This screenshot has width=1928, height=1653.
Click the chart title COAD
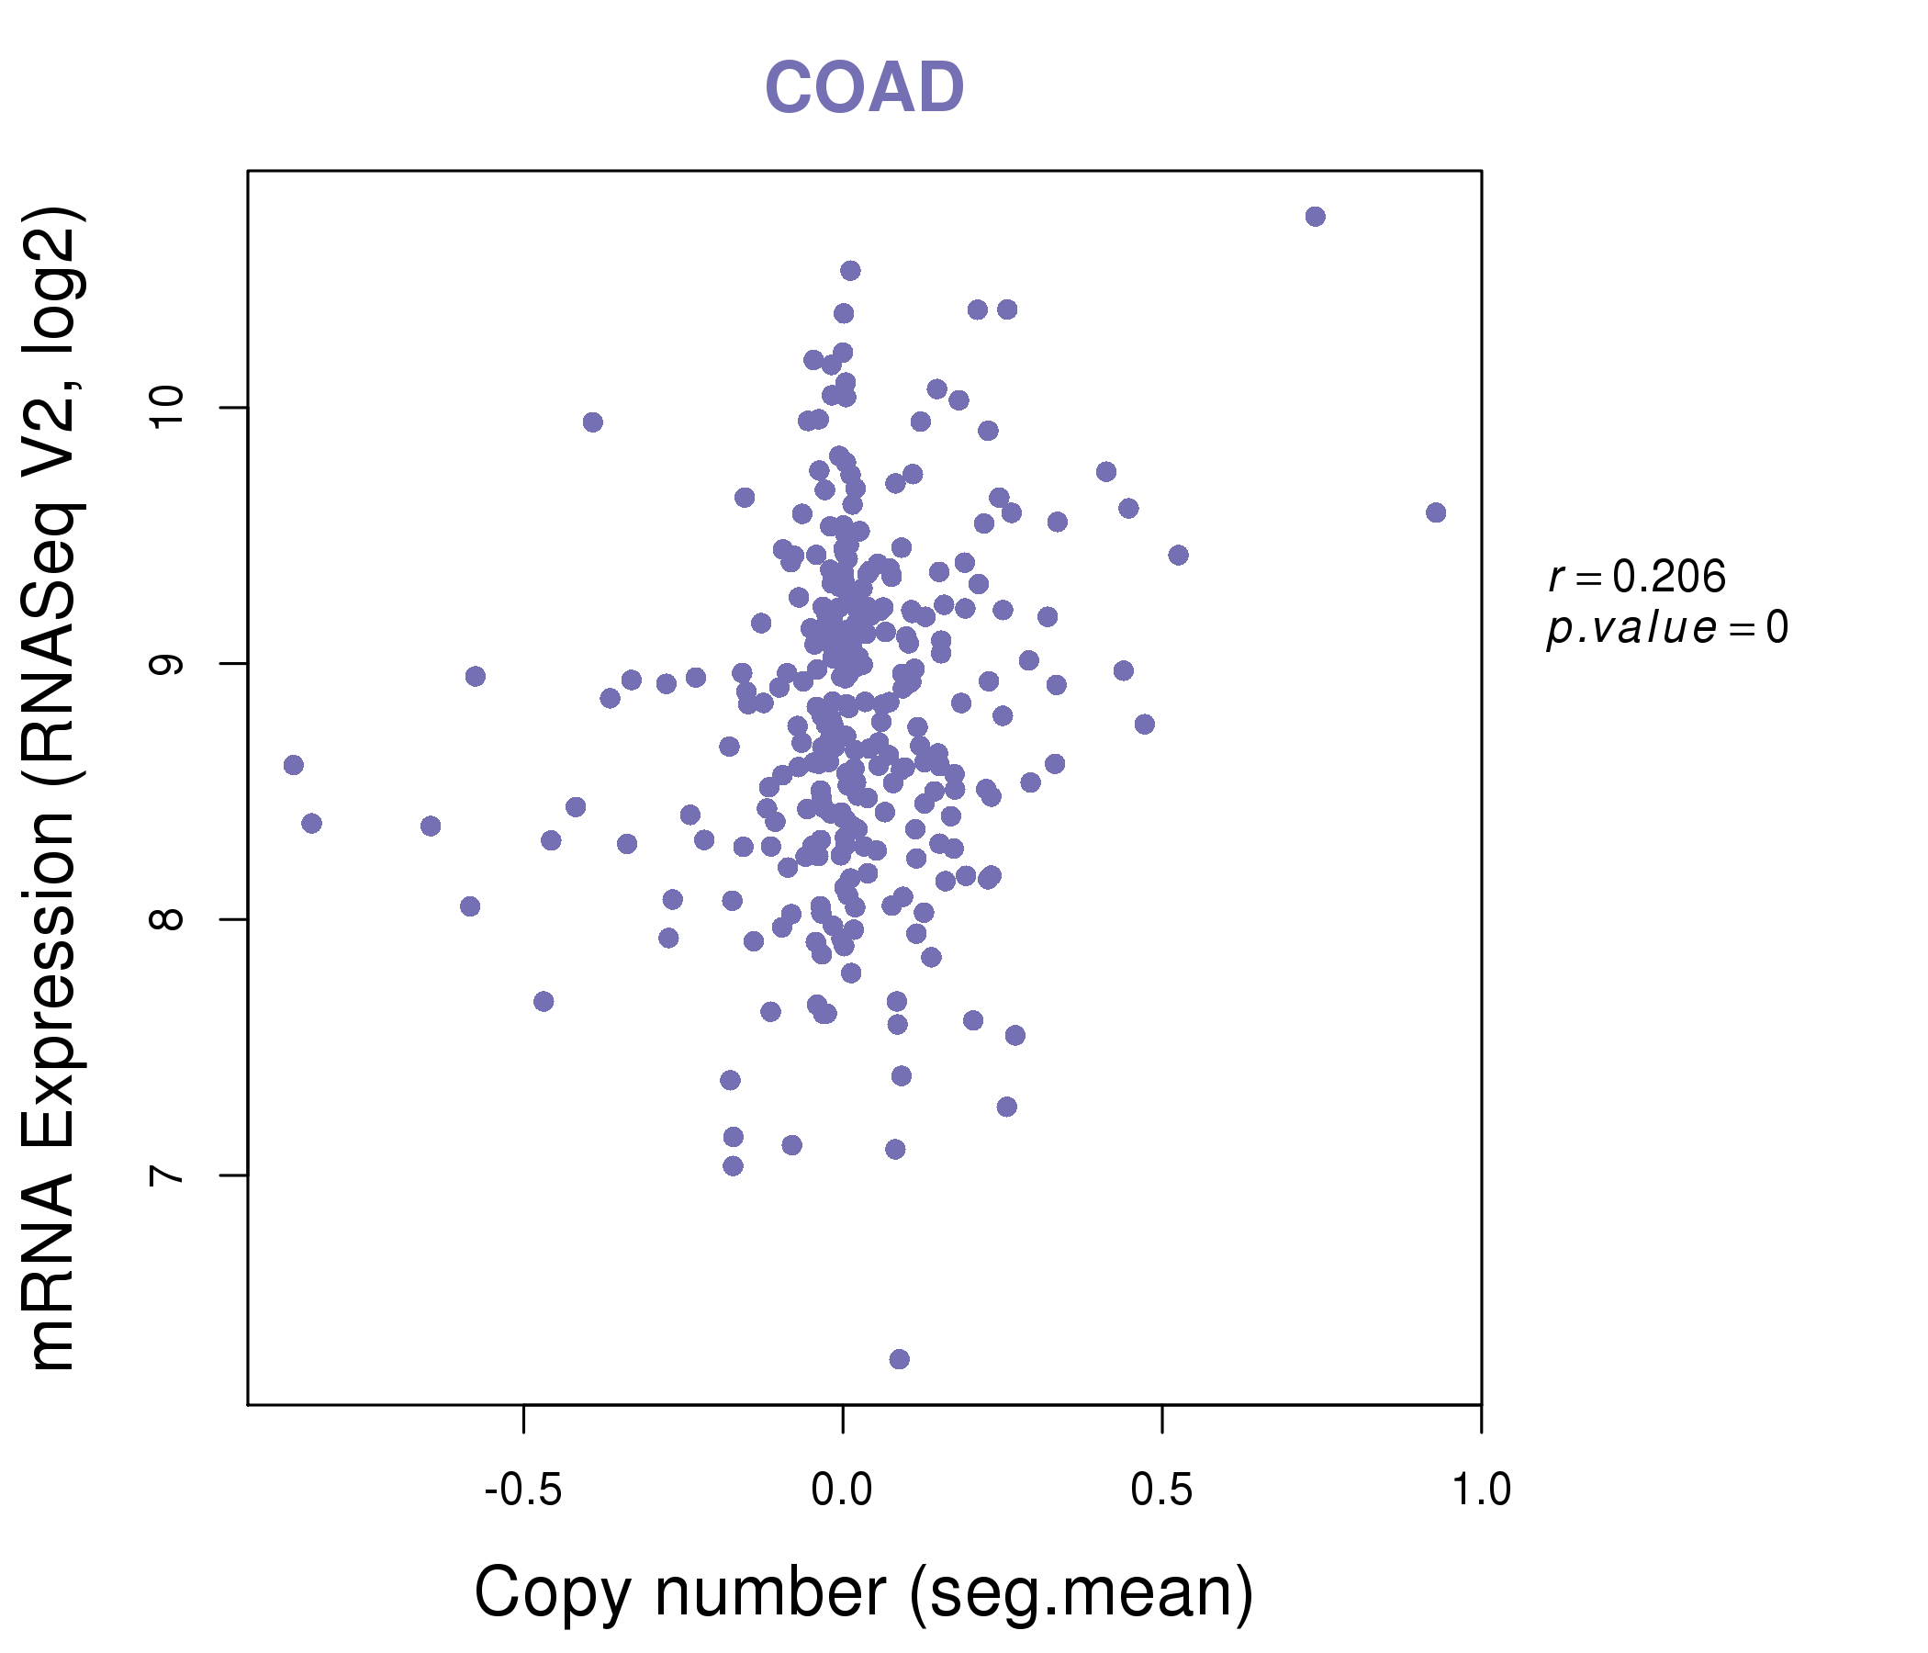[864, 87]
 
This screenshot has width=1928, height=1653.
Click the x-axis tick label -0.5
[523, 1490]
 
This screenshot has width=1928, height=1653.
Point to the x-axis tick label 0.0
[841, 1490]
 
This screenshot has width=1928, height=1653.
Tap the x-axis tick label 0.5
[1161, 1490]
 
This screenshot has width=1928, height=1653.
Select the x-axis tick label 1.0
[1480, 1490]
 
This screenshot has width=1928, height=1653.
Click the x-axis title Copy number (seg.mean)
[864, 1592]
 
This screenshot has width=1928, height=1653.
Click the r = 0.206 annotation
[1637, 577]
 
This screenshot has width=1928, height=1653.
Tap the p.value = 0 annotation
[1666, 628]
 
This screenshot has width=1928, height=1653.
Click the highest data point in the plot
[1315, 217]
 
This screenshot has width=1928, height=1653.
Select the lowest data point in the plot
[899, 1359]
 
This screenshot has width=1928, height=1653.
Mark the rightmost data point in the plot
[1436, 512]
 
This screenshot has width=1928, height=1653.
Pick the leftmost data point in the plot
[294, 765]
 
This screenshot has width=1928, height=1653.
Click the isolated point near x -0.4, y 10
[593, 422]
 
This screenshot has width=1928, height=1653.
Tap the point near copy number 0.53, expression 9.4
[1178, 556]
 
